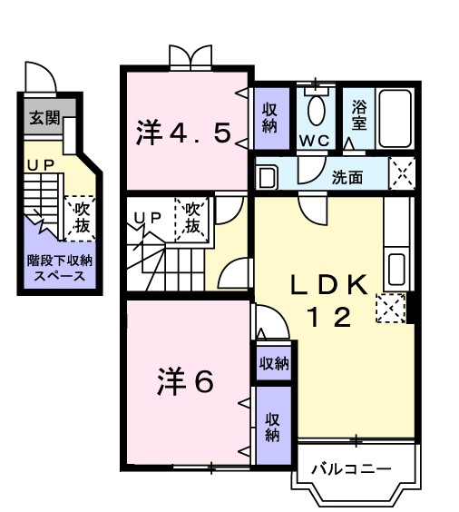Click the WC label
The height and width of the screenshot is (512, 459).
315,141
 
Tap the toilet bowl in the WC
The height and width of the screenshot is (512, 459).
315,110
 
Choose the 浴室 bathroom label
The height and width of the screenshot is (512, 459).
358,116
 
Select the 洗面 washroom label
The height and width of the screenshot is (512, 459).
347,177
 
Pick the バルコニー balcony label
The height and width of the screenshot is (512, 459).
352,469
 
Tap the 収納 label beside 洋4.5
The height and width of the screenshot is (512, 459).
269,117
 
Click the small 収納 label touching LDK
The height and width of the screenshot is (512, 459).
273,364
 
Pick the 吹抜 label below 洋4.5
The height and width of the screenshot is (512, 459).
193,217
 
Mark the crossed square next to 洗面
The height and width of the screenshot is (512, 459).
401,172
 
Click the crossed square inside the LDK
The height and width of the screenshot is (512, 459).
389,310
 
